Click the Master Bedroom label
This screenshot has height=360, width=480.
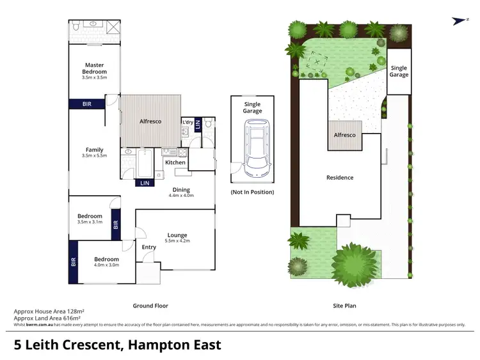[x=95, y=68]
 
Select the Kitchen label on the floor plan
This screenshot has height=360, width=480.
[x=175, y=162]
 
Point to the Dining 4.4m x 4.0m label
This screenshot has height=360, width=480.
[x=180, y=192]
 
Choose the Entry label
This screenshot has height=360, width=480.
[x=148, y=247]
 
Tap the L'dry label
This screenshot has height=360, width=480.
[x=188, y=122]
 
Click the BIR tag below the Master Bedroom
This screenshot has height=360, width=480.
[x=86, y=104]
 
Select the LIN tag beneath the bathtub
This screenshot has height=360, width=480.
[x=145, y=184]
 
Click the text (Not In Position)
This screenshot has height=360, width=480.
[x=252, y=192]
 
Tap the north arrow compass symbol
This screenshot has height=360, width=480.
[x=458, y=20]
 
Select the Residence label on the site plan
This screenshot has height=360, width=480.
[x=340, y=178]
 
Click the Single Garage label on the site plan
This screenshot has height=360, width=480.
[x=399, y=72]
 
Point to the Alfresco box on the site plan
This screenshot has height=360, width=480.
[x=346, y=135]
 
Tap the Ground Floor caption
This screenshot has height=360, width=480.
[x=150, y=306]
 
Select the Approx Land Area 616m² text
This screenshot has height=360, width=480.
[x=49, y=318]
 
